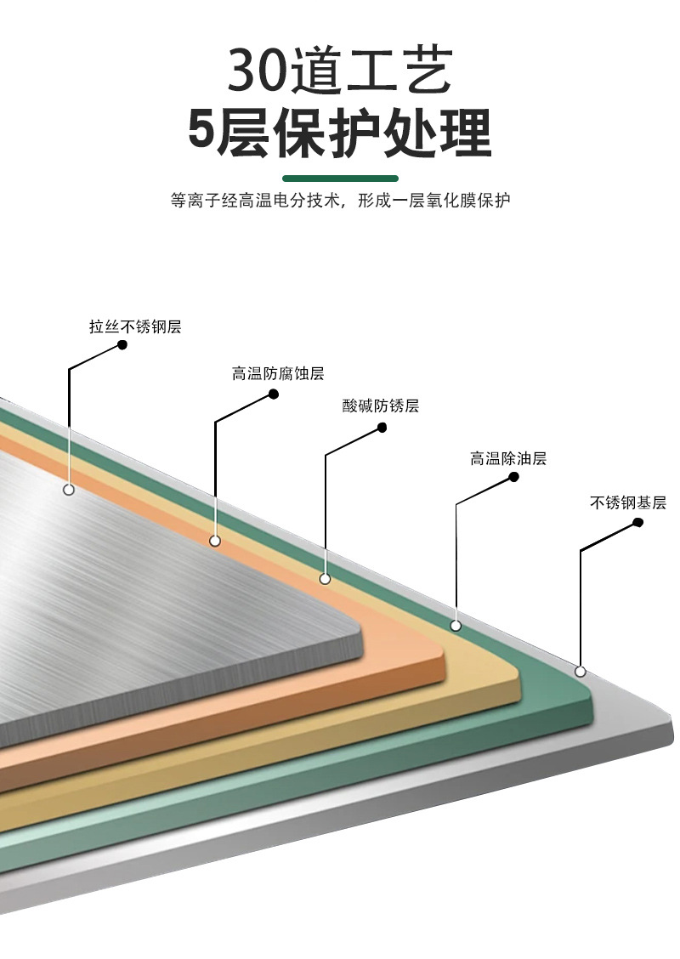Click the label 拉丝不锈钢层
(x=135, y=327)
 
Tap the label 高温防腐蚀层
(x=278, y=373)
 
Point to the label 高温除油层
(x=507, y=459)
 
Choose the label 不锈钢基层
(x=628, y=502)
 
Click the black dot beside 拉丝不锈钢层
(x=122, y=345)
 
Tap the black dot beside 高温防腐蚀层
(x=274, y=394)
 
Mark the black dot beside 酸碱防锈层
(x=382, y=428)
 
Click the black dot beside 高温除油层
(x=513, y=477)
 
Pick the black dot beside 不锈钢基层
(x=637, y=524)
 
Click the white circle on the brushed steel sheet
(x=69, y=490)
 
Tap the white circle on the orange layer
(x=215, y=541)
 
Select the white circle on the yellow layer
(x=325, y=579)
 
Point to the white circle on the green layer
(x=456, y=626)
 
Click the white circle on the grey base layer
(x=581, y=672)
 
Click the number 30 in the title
(x=258, y=71)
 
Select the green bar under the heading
(x=340, y=179)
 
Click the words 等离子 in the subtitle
(x=193, y=201)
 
